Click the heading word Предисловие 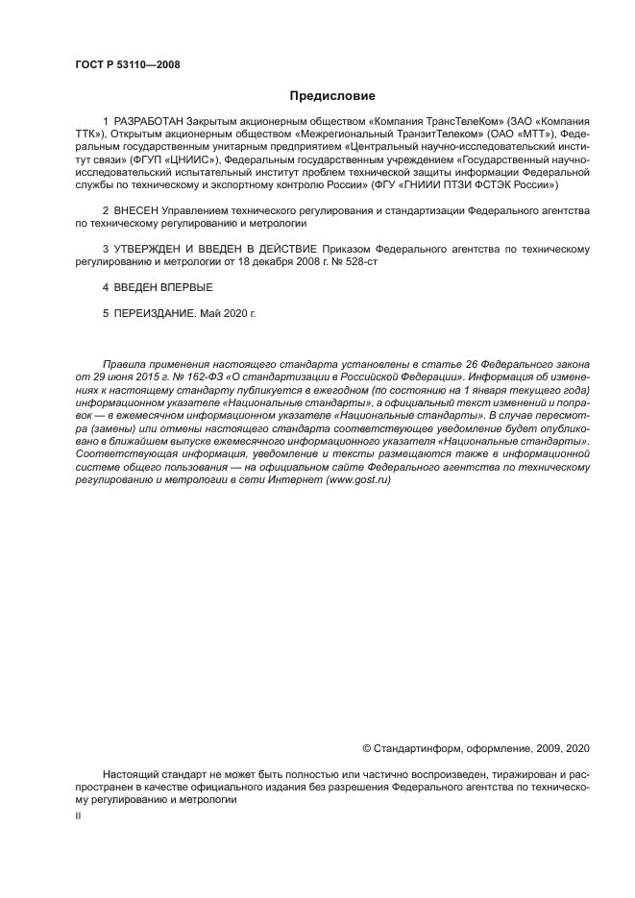332,96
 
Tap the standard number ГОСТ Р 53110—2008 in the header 127,65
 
